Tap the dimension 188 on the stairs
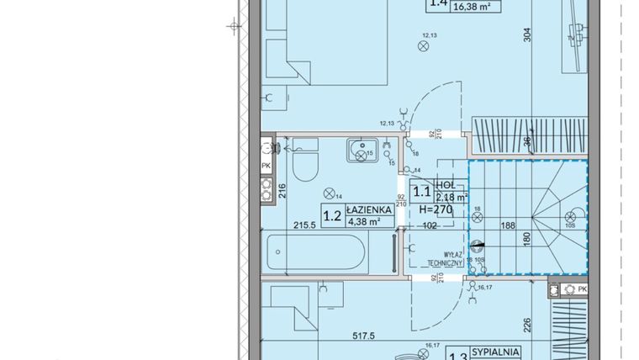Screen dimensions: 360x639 point(507,225)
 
